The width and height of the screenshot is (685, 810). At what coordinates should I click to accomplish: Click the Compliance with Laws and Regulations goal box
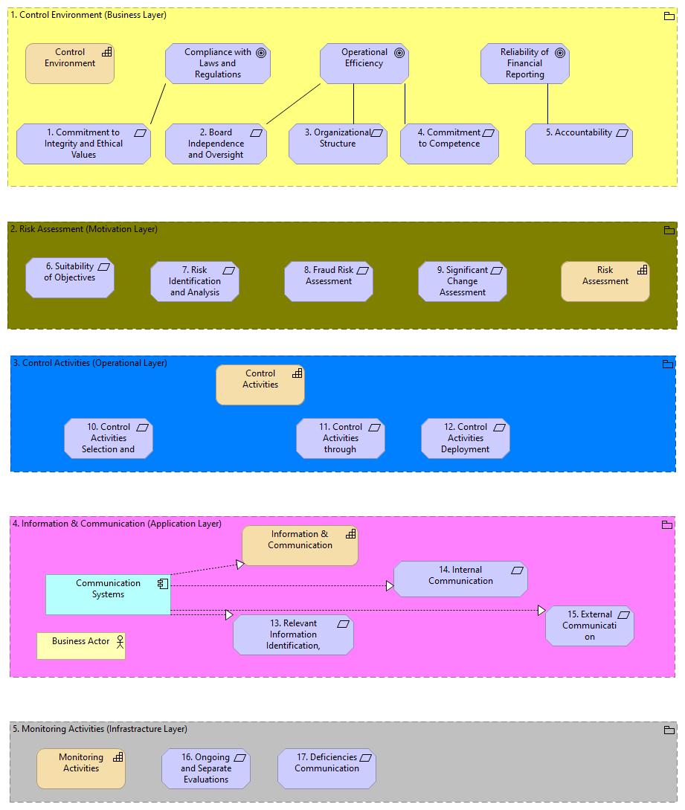(217, 63)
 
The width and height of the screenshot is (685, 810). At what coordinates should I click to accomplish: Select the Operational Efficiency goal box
(364, 63)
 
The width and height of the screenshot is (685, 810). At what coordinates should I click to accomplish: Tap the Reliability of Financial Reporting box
(524, 63)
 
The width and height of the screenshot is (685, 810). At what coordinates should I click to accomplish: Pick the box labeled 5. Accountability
(579, 144)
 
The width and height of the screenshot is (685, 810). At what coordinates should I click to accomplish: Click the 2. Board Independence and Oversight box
(216, 144)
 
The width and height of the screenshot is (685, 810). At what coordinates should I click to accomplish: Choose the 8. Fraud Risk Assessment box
(328, 281)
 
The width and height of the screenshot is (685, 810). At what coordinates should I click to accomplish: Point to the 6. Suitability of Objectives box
(69, 277)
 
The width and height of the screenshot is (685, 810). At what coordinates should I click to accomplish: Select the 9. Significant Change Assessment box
(462, 281)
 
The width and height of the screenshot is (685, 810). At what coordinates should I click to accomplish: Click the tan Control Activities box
(260, 385)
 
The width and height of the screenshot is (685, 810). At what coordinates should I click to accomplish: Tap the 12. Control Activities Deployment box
(465, 438)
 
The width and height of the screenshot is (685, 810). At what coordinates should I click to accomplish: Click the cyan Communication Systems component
(108, 594)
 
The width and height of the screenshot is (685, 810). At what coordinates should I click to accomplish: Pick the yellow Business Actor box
(81, 646)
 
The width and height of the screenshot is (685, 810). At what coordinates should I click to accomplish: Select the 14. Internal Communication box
(460, 579)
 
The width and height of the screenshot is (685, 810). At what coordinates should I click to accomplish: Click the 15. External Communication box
(589, 626)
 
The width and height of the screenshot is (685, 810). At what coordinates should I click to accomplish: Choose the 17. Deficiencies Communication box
(327, 768)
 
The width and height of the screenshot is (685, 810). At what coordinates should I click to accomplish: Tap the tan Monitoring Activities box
(81, 768)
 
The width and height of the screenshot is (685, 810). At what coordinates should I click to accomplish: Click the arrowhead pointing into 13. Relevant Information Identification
(229, 615)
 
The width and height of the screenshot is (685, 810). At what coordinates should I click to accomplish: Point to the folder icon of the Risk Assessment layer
(669, 230)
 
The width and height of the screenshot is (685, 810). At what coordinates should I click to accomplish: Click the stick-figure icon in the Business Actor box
(118, 641)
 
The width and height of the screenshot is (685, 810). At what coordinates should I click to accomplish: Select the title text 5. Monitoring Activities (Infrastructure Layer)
(100, 729)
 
